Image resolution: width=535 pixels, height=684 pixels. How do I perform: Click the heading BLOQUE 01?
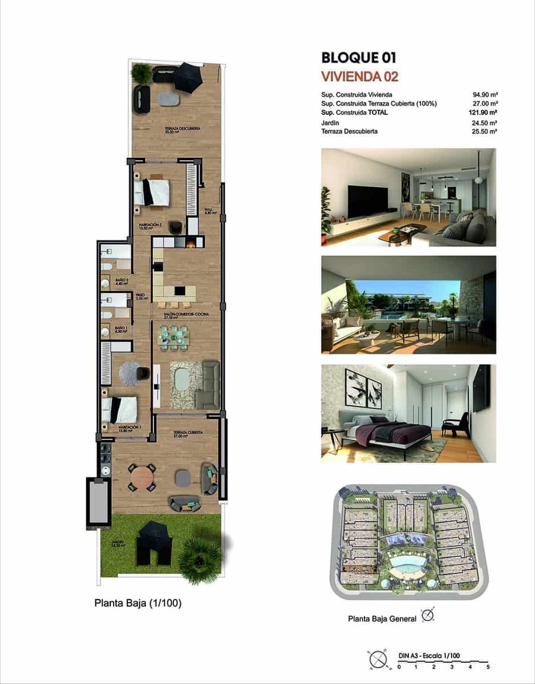(x=358, y=58)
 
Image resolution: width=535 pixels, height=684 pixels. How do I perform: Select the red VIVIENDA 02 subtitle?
(x=359, y=76)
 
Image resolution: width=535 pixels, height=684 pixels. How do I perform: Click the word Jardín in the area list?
(x=330, y=123)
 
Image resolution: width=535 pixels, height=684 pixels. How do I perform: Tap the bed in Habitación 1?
(x=120, y=409)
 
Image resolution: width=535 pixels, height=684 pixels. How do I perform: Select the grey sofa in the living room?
(x=209, y=384)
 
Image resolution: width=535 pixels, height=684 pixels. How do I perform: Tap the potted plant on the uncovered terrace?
(x=141, y=73)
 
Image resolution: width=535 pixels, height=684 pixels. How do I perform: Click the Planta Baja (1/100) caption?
(x=138, y=603)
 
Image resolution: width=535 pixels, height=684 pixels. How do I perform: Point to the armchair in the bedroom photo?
(x=456, y=425)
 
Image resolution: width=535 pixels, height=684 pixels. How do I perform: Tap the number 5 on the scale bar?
(x=488, y=666)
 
